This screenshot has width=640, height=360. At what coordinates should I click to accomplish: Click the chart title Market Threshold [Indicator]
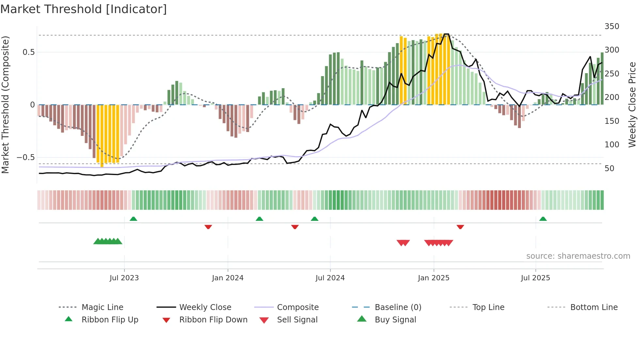(x=84, y=9)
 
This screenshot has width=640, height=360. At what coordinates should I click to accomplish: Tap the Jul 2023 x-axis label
(x=124, y=278)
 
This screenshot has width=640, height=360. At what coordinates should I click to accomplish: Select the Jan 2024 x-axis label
(x=228, y=278)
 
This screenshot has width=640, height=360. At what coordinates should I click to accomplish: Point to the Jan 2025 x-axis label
(x=433, y=278)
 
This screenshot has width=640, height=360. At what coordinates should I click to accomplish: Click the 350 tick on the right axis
(x=612, y=26)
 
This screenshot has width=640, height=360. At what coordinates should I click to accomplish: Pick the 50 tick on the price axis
(x=609, y=169)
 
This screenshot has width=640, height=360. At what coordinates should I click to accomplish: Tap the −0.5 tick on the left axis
(x=26, y=157)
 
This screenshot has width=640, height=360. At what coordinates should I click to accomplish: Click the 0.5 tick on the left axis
(x=29, y=52)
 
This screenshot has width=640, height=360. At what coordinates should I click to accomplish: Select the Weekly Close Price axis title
(x=632, y=105)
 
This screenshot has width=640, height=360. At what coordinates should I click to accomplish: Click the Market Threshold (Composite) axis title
(x=5, y=105)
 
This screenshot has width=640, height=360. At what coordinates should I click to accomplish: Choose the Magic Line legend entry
(x=102, y=307)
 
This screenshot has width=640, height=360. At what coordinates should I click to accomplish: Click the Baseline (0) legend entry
(x=398, y=307)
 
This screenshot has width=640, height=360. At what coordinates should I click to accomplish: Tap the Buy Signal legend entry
(x=395, y=320)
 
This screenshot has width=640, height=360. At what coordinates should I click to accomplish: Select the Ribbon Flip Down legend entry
(x=213, y=320)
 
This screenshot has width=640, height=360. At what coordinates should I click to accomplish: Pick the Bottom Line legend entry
(x=594, y=307)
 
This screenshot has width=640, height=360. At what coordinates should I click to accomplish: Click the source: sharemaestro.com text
(x=578, y=256)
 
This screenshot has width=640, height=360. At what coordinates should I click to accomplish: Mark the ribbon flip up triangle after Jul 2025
(x=543, y=219)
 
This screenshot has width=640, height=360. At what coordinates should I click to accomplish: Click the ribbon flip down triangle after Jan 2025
(x=460, y=227)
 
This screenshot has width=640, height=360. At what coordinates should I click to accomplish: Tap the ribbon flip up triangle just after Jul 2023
(x=133, y=219)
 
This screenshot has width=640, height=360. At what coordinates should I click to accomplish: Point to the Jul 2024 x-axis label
(x=330, y=278)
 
